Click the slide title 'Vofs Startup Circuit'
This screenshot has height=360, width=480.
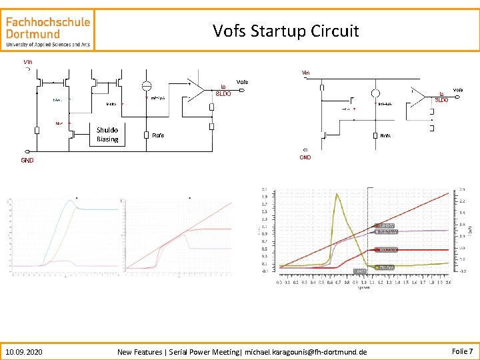pos(285,31)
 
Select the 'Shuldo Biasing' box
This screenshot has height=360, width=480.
pos(107,135)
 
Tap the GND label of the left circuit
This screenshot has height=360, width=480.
pos(27,161)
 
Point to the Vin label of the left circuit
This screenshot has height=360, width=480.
pos(27,62)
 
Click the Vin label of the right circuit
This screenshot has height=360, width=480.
pos(305,73)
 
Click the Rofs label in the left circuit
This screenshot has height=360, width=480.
pos(158,135)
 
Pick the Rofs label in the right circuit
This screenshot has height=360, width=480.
pos(385,135)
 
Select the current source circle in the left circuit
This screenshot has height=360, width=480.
pos(147,87)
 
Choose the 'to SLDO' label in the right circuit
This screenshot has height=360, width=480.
pos(441,97)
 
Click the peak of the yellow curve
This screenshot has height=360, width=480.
pos(337,194)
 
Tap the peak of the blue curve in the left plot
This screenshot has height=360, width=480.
pos(71,201)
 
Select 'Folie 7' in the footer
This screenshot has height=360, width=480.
pos(462,351)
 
